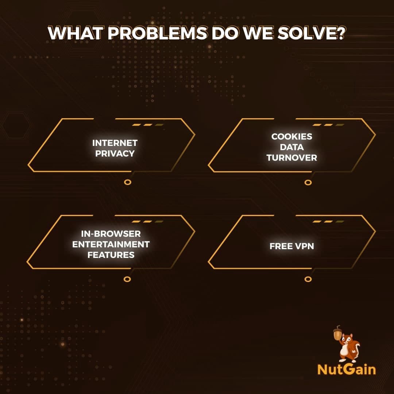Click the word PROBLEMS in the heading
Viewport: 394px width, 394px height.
point(158,33)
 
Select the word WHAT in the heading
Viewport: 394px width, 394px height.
point(76,33)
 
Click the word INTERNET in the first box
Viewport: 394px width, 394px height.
point(115,143)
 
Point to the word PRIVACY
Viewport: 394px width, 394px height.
point(115,154)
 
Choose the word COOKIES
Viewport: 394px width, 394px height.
point(292,136)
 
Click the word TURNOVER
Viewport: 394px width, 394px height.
point(292,158)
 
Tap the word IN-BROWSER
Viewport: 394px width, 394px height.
point(111,234)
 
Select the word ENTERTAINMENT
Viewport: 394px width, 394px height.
point(111,244)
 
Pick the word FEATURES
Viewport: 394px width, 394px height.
point(111,255)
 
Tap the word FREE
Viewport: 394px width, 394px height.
point(281,246)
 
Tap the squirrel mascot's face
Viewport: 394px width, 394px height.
point(348,340)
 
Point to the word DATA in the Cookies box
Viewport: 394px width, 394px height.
point(292,147)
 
